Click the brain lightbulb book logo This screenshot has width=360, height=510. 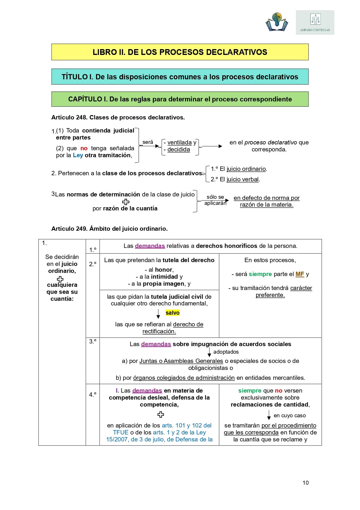[277, 22]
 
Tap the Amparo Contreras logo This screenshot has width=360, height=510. [315, 23]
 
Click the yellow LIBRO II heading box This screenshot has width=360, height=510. [180, 52]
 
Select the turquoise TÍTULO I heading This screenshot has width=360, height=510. [180, 77]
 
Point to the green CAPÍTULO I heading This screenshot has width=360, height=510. [180, 99]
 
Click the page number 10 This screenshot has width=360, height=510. [305, 483]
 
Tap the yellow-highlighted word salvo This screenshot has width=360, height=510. [172, 313]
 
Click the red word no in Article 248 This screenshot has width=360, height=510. [84, 148]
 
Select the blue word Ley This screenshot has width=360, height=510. [78, 155]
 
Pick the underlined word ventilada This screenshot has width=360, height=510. [179, 142]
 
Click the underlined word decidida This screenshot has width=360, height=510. [179, 149]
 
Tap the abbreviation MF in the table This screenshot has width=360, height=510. [300, 274]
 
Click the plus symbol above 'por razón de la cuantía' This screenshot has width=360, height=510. [126, 202]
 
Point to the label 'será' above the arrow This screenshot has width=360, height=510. [148, 142]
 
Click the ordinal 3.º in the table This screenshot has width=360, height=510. [93, 341]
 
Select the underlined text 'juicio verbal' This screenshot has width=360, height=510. [242, 179]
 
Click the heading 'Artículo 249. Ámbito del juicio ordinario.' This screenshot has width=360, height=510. [109, 229]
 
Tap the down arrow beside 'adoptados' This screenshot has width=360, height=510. [209, 352]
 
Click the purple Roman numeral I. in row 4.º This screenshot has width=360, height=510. [117, 391]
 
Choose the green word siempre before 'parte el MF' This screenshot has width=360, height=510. [260, 274]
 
